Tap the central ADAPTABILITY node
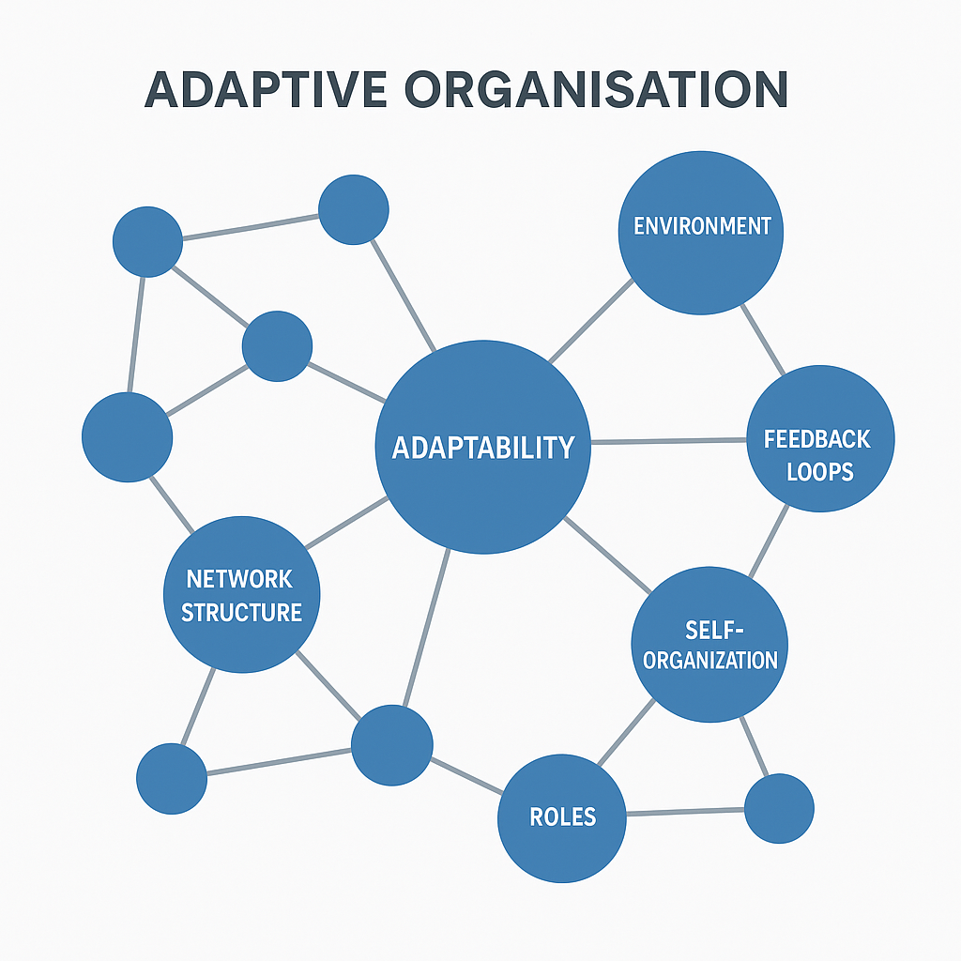point(482,447)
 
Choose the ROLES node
point(562,816)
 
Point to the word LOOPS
point(820,470)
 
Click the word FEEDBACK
point(816,439)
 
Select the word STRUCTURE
point(241,613)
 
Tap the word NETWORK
point(239,579)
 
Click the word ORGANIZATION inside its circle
point(710,660)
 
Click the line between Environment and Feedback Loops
point(763,340)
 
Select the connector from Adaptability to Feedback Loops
point(668,441)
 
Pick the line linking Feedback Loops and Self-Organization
point(769,542)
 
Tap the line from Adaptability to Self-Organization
point(608,555)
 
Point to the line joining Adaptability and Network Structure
point(347,523)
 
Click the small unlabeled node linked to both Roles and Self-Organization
point(779,808)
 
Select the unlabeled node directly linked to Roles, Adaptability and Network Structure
point(392,745)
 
